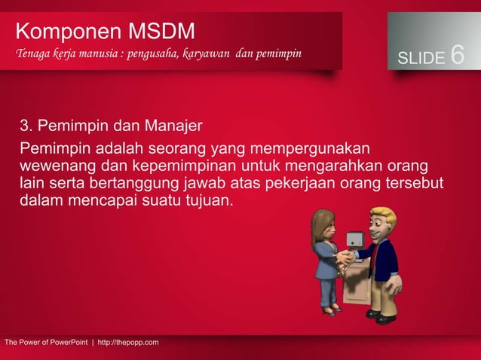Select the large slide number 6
click(458, 55)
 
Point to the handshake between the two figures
click(345, 258)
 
